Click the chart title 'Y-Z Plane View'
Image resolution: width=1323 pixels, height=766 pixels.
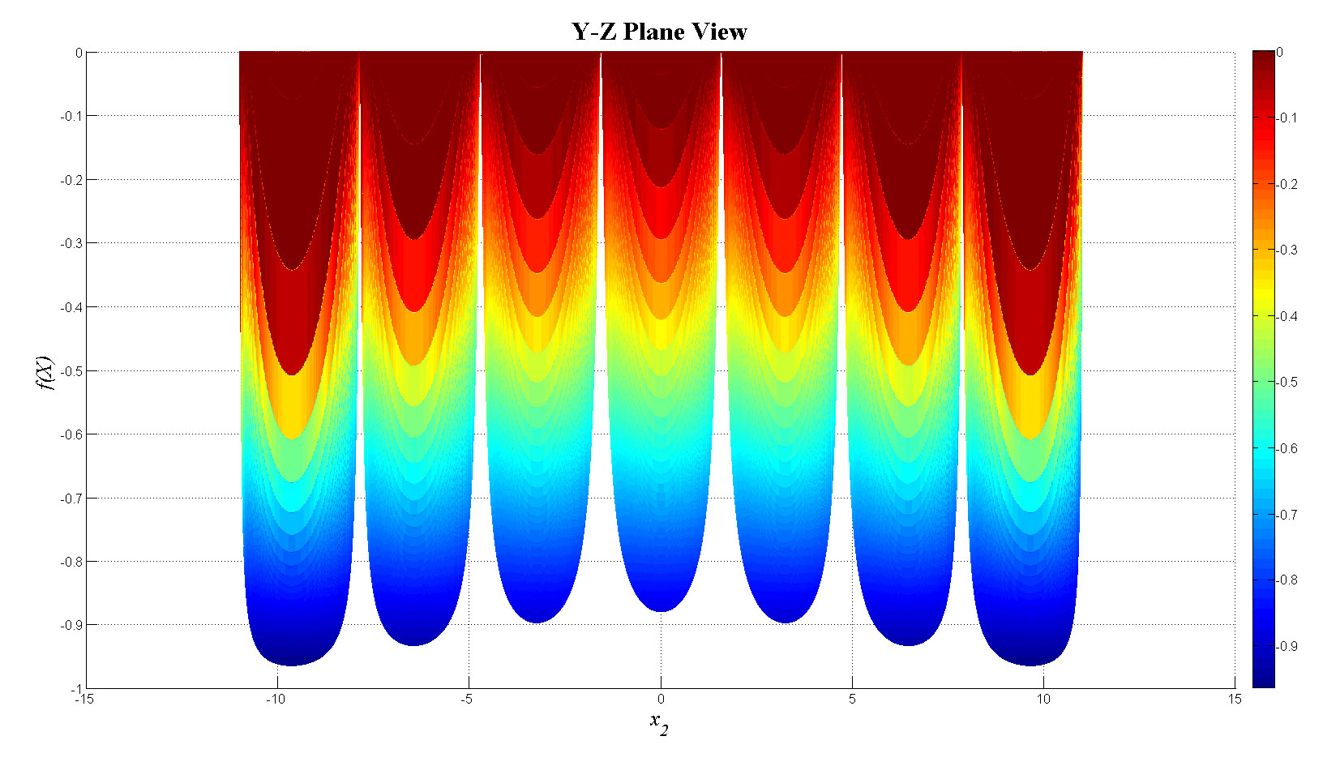coord(659,32)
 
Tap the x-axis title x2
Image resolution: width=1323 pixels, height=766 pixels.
coord(659,722)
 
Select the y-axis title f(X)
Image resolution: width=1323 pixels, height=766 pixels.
coord(45,372)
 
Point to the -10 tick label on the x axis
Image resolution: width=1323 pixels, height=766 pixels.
coord(276,700)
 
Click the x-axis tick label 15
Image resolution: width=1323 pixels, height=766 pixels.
coord(1234,700)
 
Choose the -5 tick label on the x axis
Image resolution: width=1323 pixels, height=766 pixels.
coord(467,700)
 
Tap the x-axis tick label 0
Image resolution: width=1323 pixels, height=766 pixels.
coord(661,700)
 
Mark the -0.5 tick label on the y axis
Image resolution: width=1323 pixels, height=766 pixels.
coord(71,370)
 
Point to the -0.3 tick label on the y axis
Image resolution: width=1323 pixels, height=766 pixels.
coord(71,243)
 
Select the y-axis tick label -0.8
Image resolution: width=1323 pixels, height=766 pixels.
coord(71,561)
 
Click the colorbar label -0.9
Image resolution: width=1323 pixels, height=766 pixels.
coord(1287,646)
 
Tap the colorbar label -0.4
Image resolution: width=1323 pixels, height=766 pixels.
coord(1287,316)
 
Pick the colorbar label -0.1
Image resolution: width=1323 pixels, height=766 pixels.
coord(1287,118)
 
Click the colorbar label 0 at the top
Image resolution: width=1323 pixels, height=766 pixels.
coord(1280,52)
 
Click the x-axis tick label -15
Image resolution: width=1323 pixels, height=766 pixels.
coord(79,700)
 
